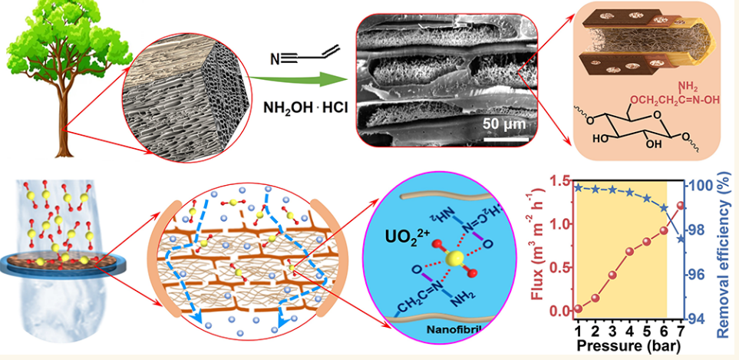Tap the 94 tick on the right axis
(x=697, y=319)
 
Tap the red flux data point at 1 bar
(x=578, y=309)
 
